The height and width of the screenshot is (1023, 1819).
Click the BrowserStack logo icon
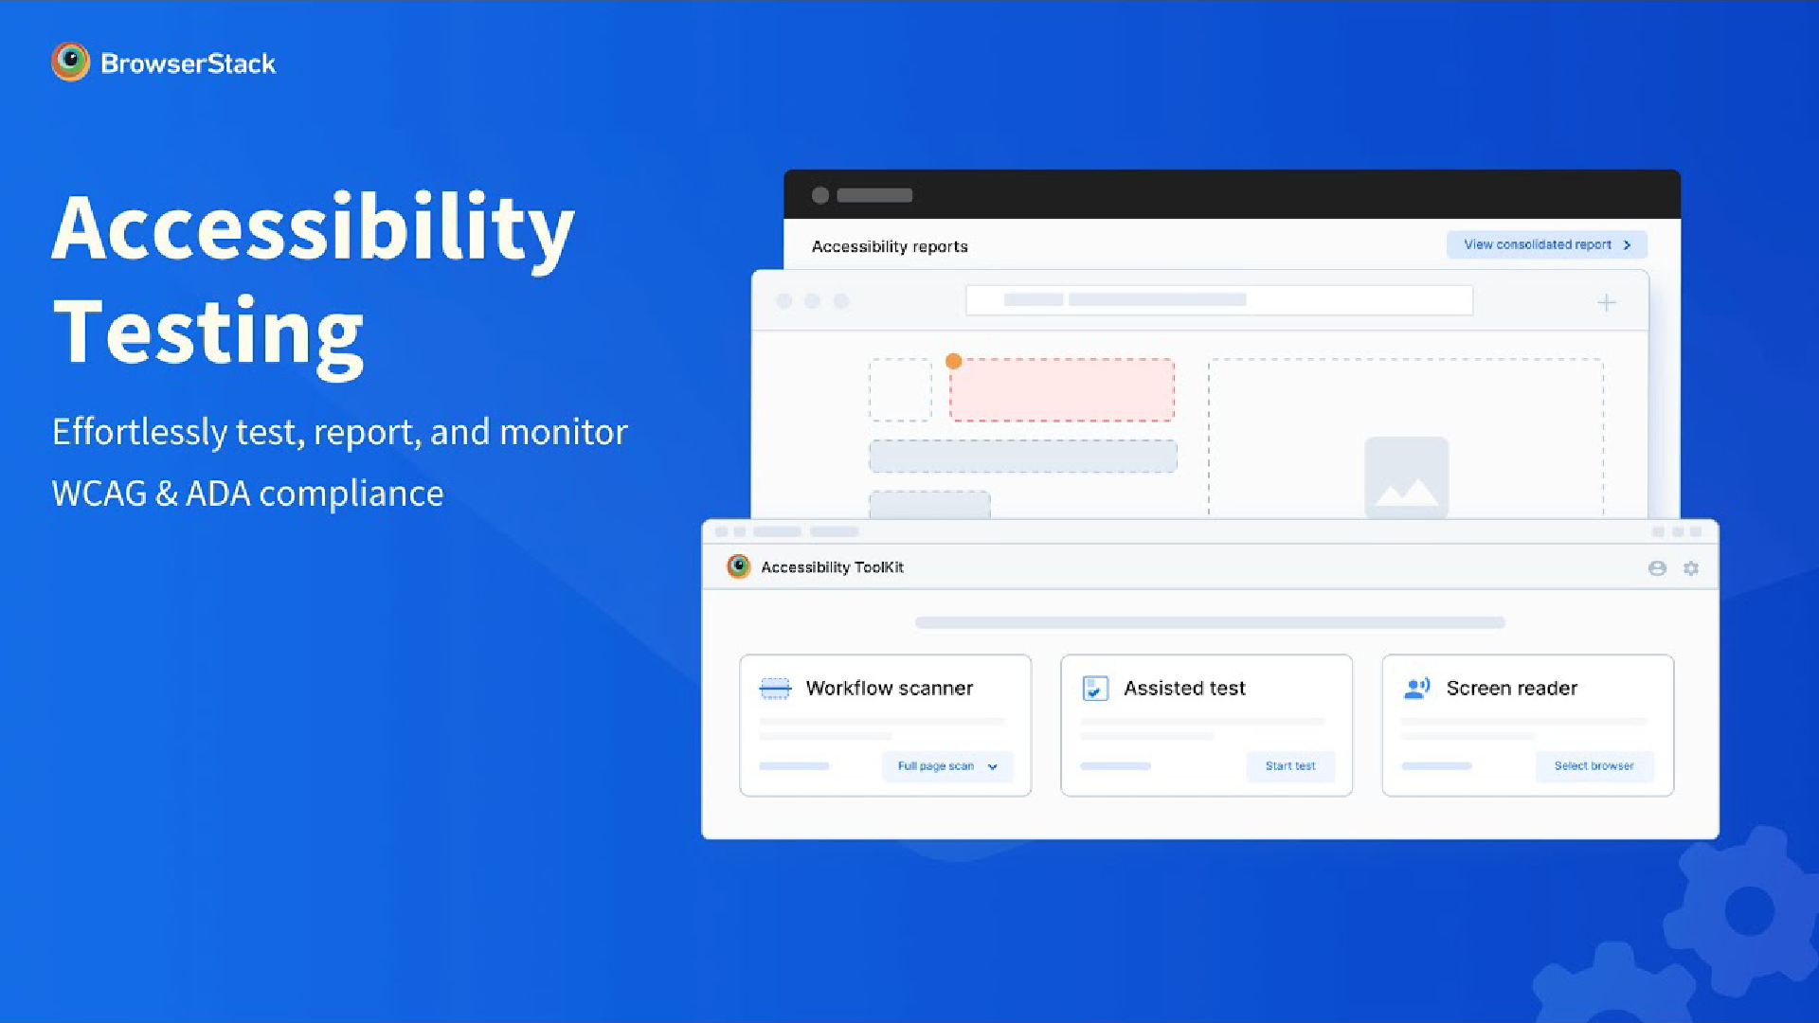(70, 63)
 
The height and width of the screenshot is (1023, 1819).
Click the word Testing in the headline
(208, 333)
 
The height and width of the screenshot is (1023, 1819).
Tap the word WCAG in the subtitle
(99, 494)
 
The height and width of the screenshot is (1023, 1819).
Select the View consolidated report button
(1546, 244)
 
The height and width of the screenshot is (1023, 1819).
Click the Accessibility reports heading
(890, 246)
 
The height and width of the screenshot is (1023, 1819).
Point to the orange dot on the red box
(954, 361)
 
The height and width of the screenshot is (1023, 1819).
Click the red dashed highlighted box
(1062, 389)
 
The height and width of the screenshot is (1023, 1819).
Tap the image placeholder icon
(1407, 478)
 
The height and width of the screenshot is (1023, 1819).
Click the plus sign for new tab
(1607, 302)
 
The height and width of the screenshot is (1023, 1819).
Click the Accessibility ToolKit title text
(832, 567)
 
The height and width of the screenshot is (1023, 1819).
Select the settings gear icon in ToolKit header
(1691, 568)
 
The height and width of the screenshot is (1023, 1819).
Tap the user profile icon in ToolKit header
(1657, 568)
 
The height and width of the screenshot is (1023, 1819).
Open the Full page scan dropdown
(947, 766)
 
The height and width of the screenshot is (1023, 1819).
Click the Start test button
(1290, 766)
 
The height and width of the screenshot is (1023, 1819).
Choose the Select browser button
(1594, 766)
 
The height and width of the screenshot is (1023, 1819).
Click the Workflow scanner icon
(775, 689)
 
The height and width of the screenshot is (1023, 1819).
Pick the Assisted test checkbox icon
(1095, 689)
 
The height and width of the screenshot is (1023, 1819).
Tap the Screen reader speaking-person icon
(1416, 689)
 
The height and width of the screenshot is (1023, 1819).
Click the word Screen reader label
(1512, 689)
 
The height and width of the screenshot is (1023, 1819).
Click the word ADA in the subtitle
(218, 494)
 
